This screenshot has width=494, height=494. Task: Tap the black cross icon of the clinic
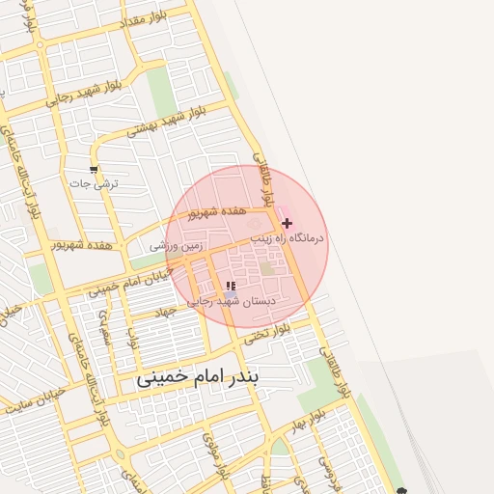(287, 223)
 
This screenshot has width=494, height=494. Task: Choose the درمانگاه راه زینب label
(288, 236)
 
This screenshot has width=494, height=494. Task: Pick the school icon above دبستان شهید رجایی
(230, 287)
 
